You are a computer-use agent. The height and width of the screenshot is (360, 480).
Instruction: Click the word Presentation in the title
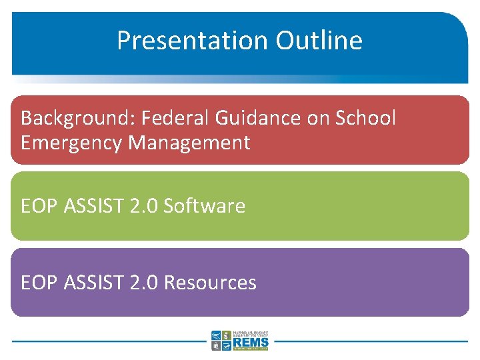click(191, 41)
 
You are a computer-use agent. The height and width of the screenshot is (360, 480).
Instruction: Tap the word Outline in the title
click(319, 41)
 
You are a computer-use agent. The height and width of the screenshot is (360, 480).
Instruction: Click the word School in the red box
click(365, 118)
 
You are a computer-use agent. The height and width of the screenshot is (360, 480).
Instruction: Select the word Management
click(189, 143)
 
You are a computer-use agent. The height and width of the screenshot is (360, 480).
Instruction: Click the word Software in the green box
click(204, 206)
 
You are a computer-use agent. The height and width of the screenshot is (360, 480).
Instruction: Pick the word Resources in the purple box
click(209, 283)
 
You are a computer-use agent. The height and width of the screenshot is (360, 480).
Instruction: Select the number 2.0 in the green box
click(145, 206)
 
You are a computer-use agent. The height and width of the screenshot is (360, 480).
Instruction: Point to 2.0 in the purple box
click(145, 283)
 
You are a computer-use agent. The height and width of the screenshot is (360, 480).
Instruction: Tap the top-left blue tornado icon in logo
click(216, 335)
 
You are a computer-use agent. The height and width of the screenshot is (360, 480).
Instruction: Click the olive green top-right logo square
click(227, 335)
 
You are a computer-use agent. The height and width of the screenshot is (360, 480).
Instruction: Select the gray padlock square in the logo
click(216, 346)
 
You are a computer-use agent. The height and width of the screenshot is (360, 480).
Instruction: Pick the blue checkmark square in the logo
click(227, 346)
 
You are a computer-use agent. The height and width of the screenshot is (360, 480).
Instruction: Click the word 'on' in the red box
click(319, 118)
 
